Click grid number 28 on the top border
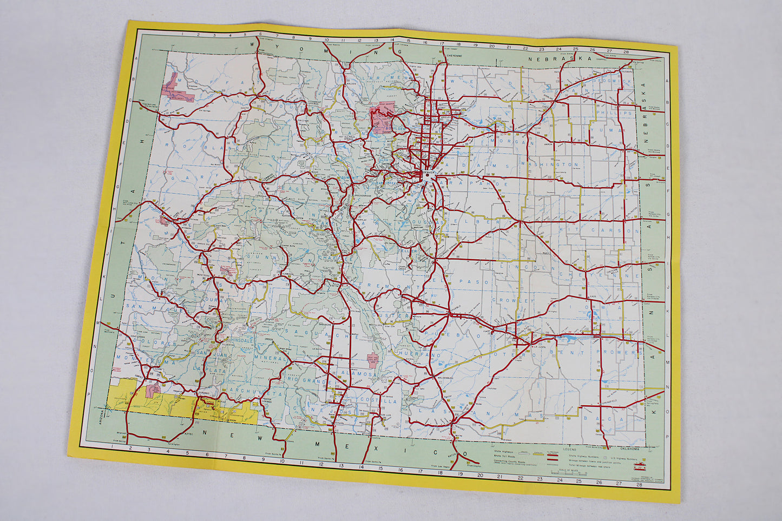[626, 53]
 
